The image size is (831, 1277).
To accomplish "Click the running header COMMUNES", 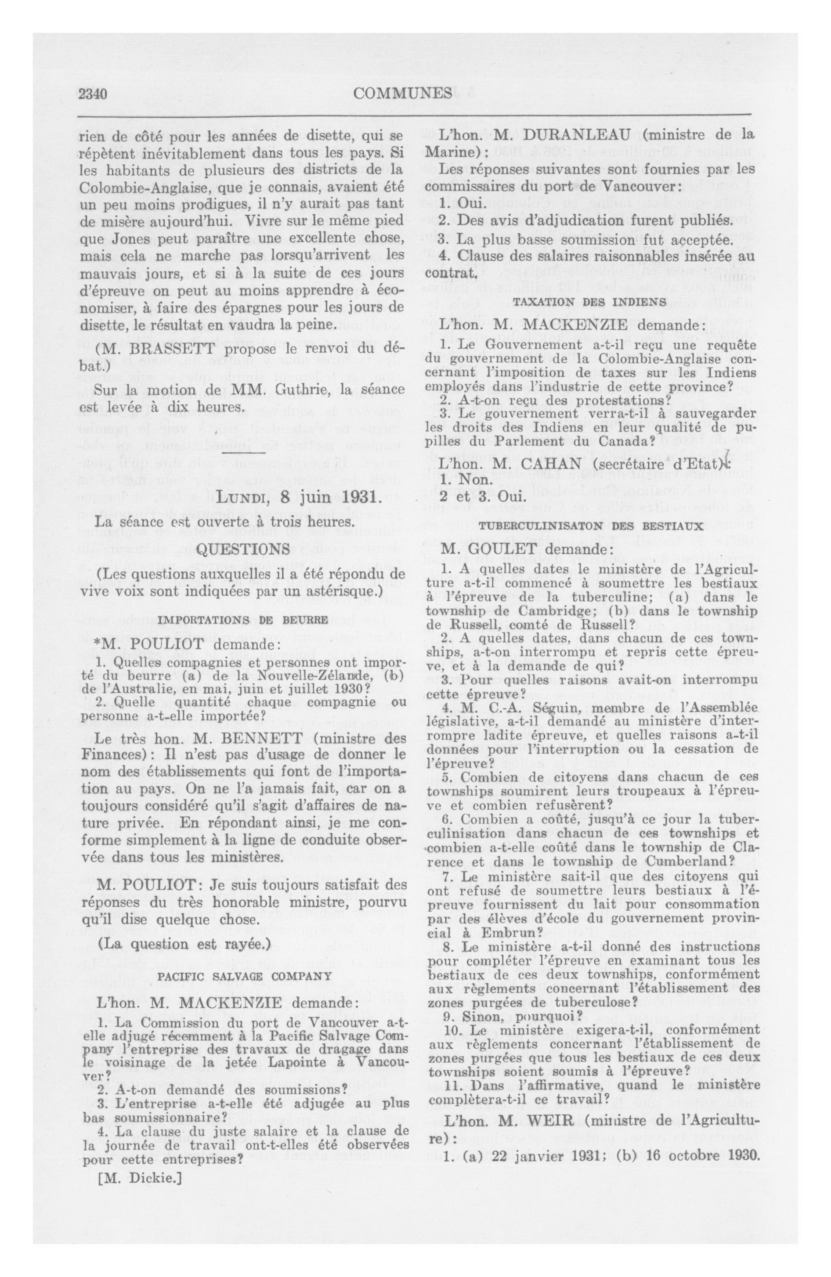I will coord(403,94).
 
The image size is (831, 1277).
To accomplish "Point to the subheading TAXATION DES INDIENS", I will coord(590,302).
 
